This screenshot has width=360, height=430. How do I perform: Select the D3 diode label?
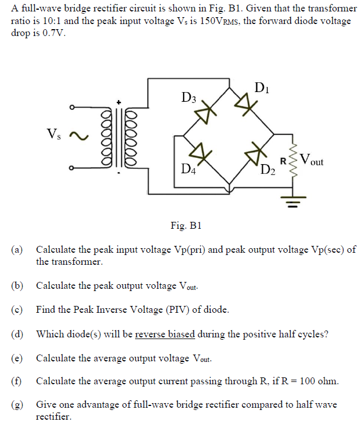tap(188, 98)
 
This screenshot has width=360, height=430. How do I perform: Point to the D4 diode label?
tap(188, 169)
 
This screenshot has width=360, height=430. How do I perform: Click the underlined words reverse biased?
tap(165, 335)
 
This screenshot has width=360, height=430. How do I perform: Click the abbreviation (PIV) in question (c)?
tap(153, 310)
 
